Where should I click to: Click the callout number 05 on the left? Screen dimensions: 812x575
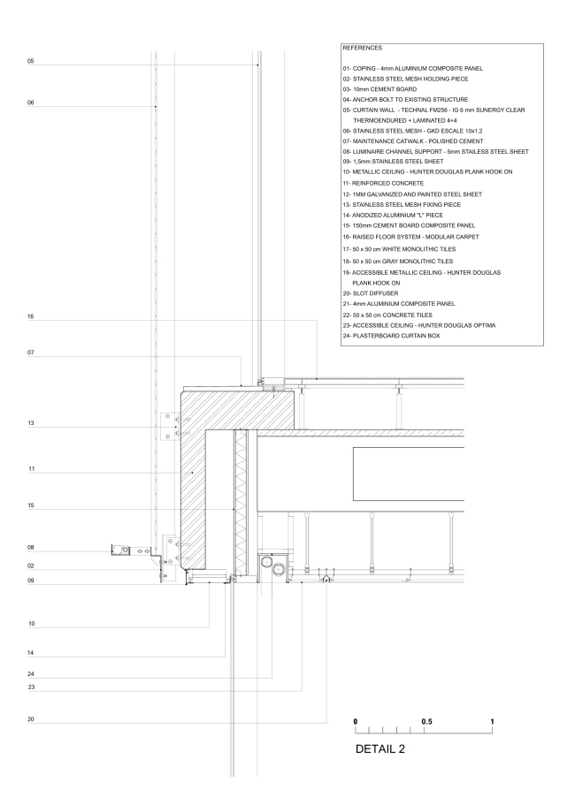[30, 62]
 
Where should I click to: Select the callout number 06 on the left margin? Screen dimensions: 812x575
[30, 103]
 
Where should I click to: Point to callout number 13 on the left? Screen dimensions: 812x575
[30, 424]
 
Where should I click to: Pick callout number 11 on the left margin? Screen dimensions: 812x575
[30, 469]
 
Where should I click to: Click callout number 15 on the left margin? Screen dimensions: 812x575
[30, 506]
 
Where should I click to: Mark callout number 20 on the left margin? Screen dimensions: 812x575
[30, 719]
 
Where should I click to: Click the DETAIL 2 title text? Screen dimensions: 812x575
[379, 750]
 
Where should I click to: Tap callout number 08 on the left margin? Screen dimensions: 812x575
[30, 549]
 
